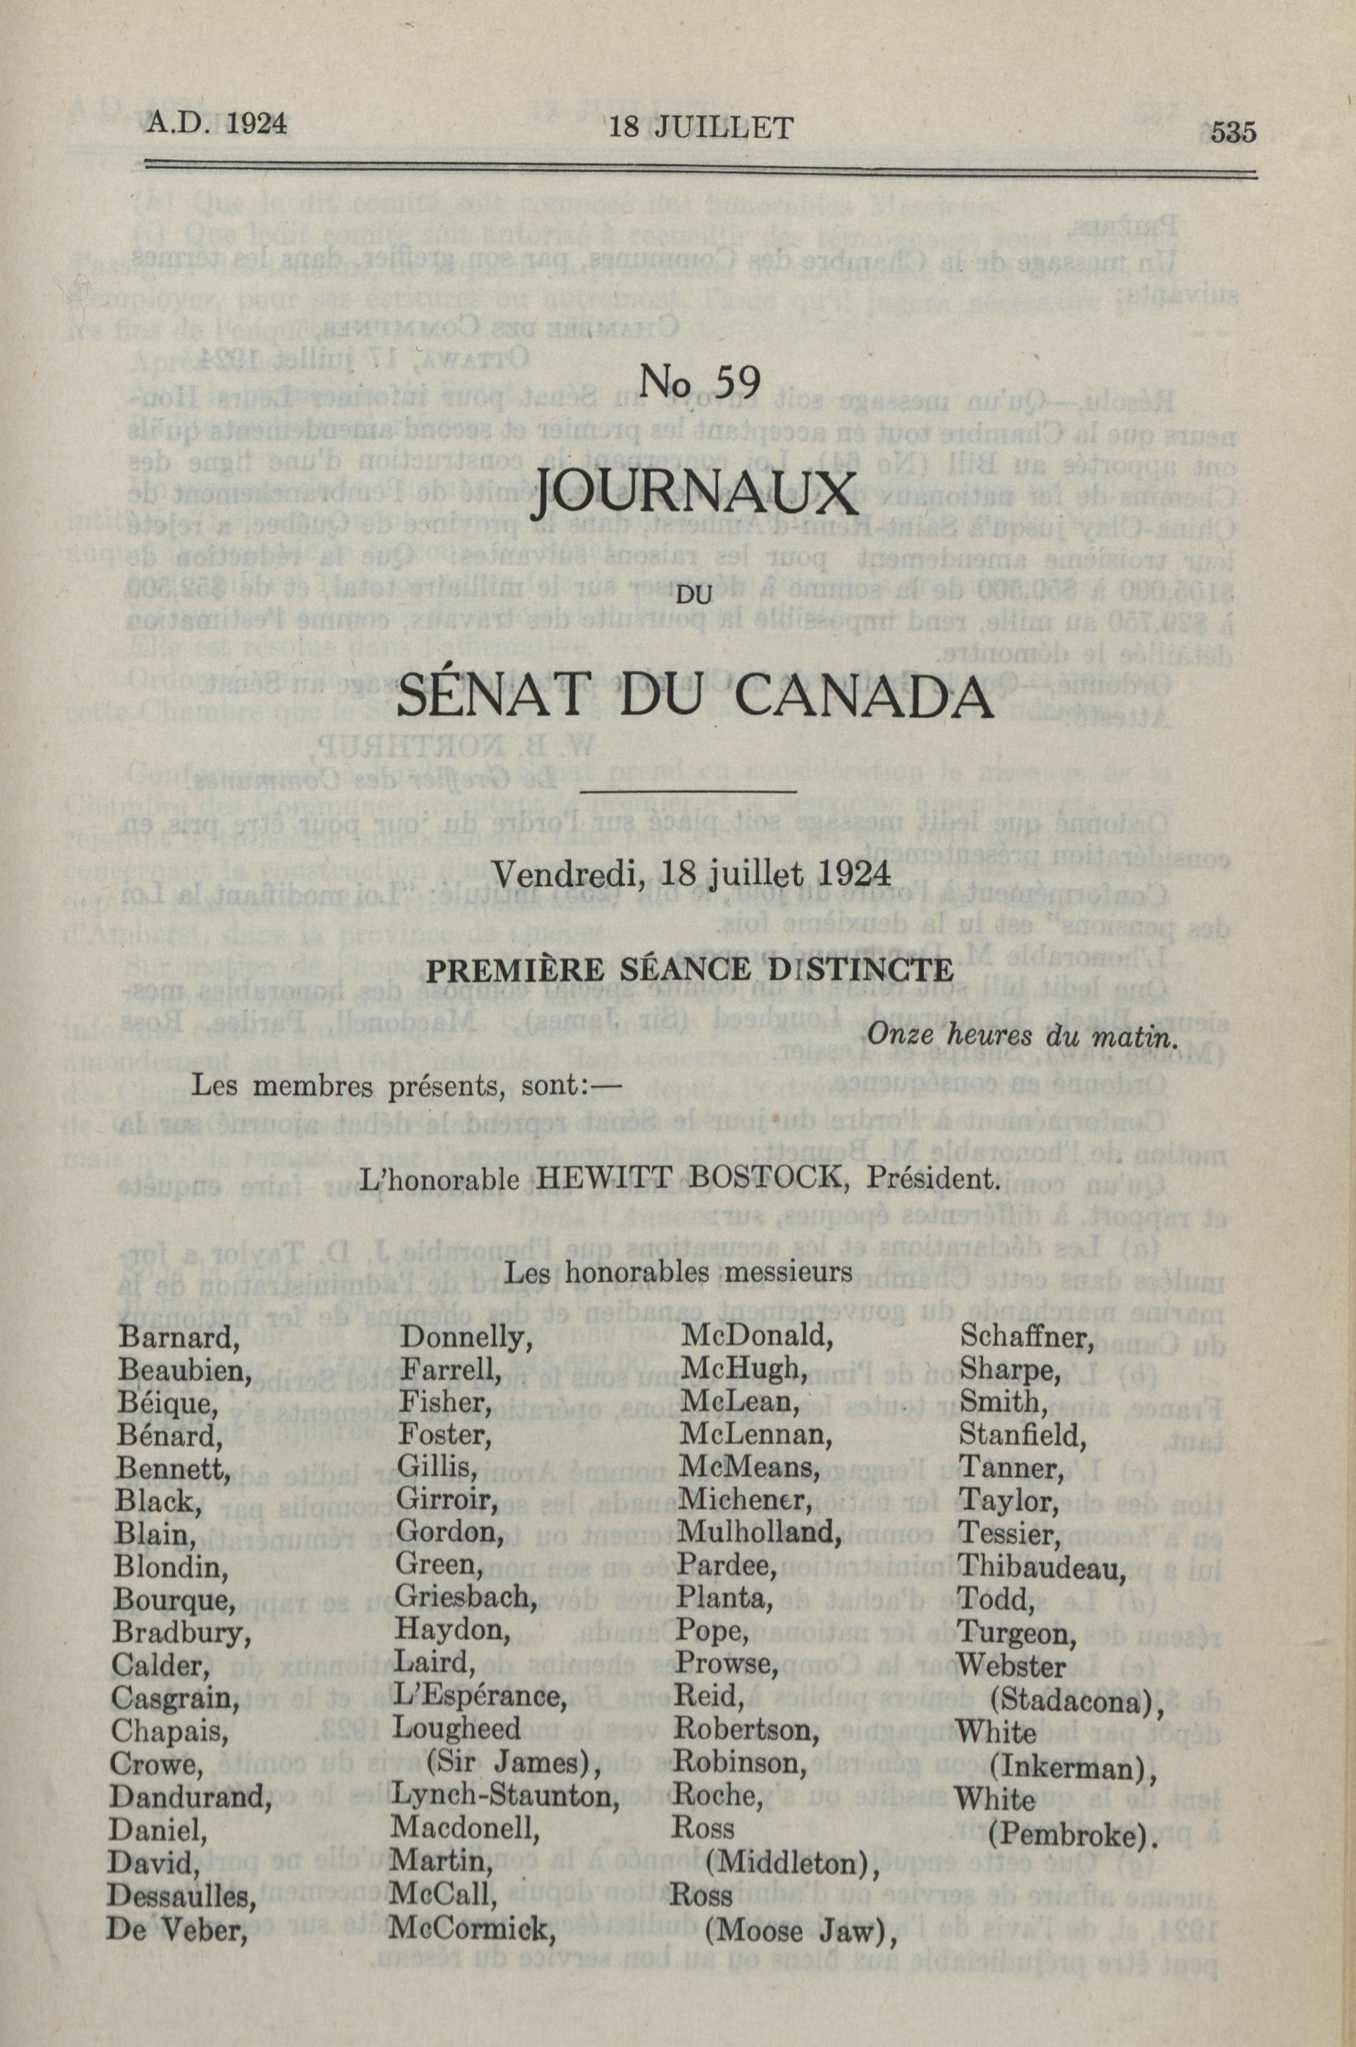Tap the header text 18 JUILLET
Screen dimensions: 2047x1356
coord(701,128)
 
